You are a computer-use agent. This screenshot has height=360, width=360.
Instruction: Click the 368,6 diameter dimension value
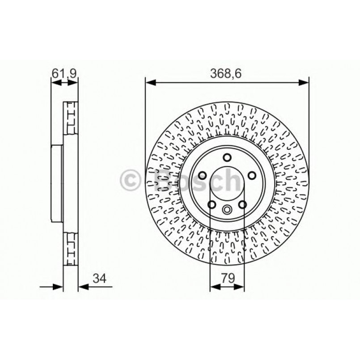pyautogui.click(x=226, y=74)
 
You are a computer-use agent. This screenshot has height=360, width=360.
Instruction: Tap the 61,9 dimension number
pyautogui.click(x=64, y=73)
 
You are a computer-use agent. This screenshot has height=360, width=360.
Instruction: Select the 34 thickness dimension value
pyautogui.click(x=99, y=279)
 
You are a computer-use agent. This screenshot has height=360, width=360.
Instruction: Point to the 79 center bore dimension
pyautogui.click(x=228, y=278)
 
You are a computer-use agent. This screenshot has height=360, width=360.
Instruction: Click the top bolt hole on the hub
pyautogui.click(x=227, y=157)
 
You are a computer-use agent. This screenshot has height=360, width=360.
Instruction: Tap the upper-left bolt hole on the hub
pyautogui.click(x=202, y=176)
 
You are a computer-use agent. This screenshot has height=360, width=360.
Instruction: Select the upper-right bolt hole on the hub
pyautogui.click(x=252, y=176)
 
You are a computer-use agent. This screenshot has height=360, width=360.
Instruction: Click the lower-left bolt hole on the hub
pyautogui.click(x=212, y=204)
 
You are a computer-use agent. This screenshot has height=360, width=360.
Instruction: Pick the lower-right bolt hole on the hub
pyautogui.click(x=242, y=204)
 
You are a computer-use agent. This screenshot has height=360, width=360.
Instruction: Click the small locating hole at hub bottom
pyautogui.click(x=227, y=209)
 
